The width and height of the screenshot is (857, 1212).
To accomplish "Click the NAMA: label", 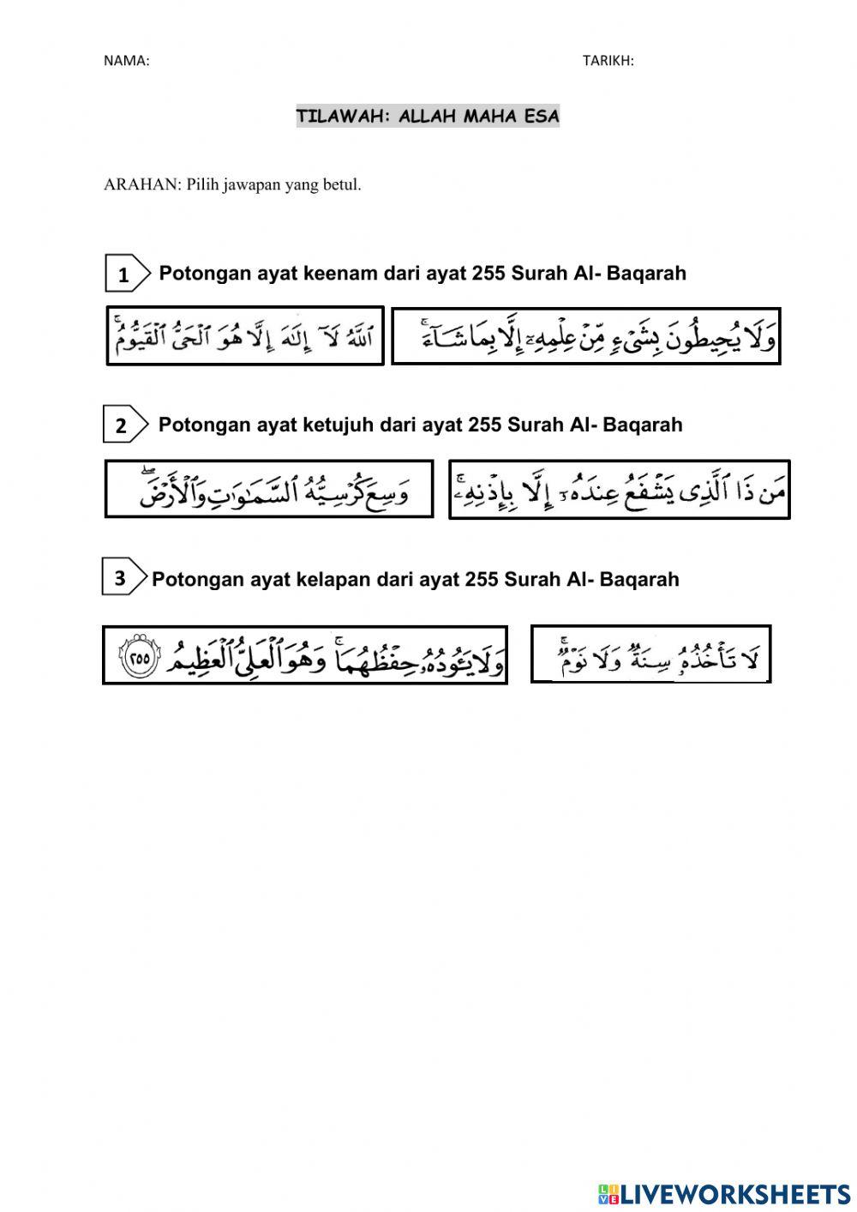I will click(x=126, y=60).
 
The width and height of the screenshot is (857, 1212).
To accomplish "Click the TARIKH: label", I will click(x=608, y=60).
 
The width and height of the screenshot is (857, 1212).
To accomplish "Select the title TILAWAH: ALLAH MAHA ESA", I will click(x=428, y=116).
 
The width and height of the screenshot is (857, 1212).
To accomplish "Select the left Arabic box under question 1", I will click(x=245, y=335).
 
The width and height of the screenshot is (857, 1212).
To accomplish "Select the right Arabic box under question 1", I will click(x=585, y=336).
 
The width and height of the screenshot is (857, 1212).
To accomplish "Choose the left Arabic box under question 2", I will click(x=269, y=489).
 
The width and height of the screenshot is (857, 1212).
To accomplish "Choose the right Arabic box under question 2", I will click(x=619, y=490).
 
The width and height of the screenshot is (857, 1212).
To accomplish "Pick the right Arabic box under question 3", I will click(x=650, y=654).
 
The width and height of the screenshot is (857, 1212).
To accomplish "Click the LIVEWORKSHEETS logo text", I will click(x=734, y=1193).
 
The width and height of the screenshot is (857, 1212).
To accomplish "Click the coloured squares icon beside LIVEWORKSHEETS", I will click(x=608, y=1193).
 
